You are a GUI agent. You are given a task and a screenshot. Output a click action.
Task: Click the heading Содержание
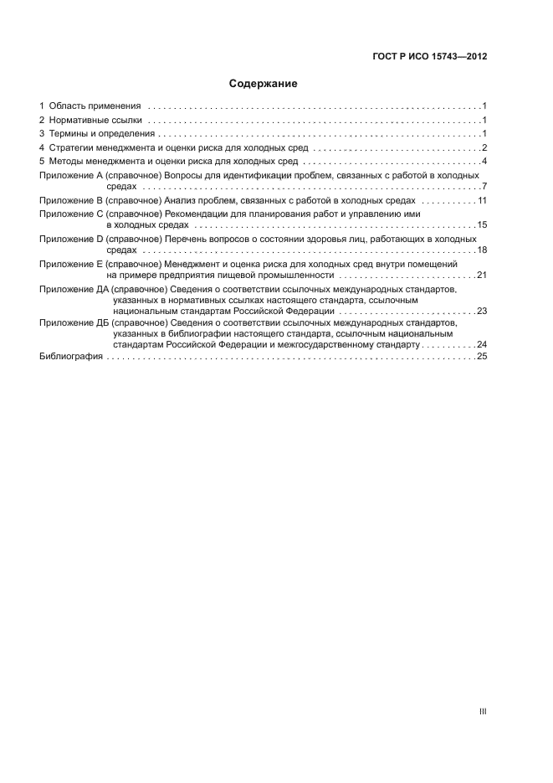[264, 84]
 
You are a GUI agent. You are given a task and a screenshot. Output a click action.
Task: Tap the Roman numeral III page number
[483, 711]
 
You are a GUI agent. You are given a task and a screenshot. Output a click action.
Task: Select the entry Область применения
[95, 106]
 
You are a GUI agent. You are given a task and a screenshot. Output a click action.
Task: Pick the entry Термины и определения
[101, 134]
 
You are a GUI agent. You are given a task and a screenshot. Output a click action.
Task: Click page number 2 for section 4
[484, 147]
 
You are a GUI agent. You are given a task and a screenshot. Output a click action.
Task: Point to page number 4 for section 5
[484, 161]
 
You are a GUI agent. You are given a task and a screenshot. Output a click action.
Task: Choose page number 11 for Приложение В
[482, 201]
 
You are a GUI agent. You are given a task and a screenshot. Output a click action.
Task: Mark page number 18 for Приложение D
[482, 250]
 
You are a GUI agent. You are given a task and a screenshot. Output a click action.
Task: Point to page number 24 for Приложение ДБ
[482, 344]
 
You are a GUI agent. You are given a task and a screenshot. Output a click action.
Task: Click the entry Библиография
[72, 357]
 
